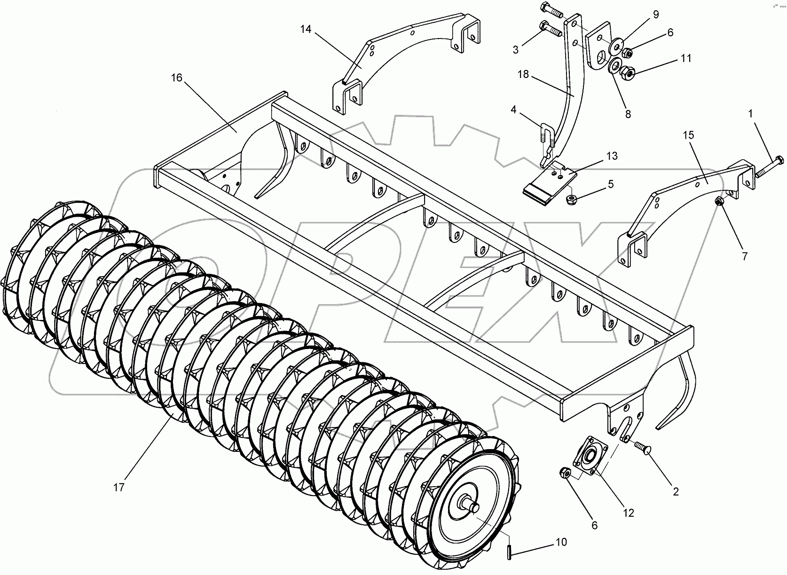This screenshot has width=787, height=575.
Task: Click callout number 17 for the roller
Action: click(x=119, y=488)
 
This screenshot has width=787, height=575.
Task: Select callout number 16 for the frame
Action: click(x=176, y=78)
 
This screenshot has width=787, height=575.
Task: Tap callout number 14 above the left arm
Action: click(x=306, y=30)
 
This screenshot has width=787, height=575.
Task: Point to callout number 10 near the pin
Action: click(x=561, y=542)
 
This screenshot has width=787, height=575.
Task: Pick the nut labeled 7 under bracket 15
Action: click(x=719, y=202)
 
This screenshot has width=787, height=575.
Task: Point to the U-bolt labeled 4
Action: click(x=546, y=137)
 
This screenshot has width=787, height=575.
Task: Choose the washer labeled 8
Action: click(x=614, y=67)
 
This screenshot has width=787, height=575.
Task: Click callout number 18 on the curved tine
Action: click(x=523, y=74)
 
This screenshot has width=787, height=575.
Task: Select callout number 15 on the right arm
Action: click(x=688, y=135)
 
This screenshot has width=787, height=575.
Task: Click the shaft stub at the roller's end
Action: click(x=472, y=507)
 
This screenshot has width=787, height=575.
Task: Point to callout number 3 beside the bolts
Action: click(x=516, y=49)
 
